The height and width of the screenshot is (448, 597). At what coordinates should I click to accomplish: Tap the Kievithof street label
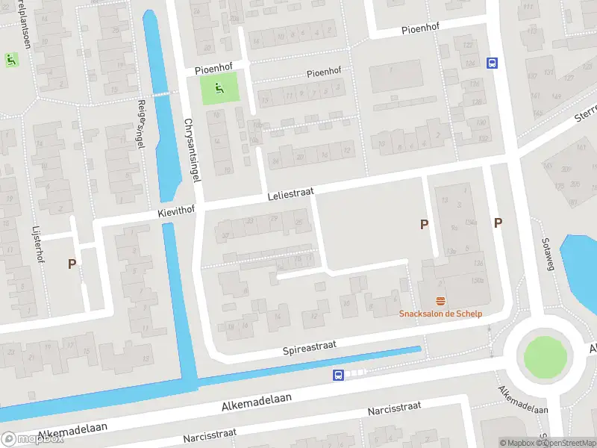point(176,213)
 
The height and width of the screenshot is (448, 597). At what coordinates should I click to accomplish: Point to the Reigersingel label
point(140,124)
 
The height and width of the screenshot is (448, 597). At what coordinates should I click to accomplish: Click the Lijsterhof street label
point(37,243)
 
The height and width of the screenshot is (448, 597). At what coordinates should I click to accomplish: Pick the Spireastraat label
point(310,347)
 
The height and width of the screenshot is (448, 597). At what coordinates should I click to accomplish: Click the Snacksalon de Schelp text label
point(440,314)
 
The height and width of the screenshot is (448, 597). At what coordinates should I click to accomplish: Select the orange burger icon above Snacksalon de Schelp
point(441,301)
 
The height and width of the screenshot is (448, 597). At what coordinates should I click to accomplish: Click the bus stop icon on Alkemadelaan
point(338,375)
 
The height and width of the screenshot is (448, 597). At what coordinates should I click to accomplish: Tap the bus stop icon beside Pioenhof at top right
point(492,63)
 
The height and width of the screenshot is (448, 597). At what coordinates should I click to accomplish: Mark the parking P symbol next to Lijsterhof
point(72,264)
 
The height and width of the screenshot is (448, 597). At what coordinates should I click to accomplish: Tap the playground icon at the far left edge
point(10,58)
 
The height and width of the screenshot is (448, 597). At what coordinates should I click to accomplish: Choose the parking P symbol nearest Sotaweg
point(498,223)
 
